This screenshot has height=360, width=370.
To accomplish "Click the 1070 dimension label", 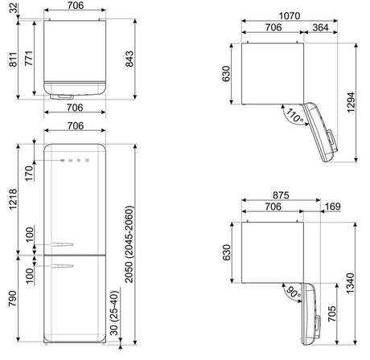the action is pyautogui.click(x=290, y=16).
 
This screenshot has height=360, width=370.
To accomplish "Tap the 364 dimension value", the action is pyautogui.click(x=320, y=27).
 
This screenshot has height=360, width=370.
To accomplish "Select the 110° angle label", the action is pyautogui.click(x=294, y=117).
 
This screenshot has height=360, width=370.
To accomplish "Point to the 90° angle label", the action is pyautogui.click(x=294, y=292).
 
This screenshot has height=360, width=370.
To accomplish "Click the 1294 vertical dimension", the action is pyautogui.click(x=351, y=103).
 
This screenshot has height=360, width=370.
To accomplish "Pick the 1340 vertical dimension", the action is pyautogui.click(x=350, y=284).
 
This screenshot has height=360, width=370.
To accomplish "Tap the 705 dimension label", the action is pyautogui.click(x=331, y=314).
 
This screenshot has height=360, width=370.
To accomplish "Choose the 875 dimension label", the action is pyautogui.click(x=281, y=195).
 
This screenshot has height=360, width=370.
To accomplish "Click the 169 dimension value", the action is pyautogui.click(x=333, y=207).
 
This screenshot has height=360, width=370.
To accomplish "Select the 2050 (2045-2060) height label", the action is pyautogui.click(x=129, y=244).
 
